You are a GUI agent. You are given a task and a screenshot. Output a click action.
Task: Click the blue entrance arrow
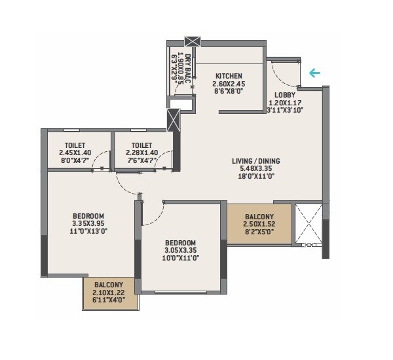tap(316, 73)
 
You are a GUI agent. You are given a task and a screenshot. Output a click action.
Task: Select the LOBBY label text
tap(284, 95)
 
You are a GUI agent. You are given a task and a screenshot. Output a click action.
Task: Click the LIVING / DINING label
tap(255, 161)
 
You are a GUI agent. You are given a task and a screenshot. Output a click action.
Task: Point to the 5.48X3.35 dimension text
tap(255, 169)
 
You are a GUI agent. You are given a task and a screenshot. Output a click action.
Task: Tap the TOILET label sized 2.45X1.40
tap(75, 145)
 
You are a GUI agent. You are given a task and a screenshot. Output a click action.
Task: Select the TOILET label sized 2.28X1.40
tap(141, 145)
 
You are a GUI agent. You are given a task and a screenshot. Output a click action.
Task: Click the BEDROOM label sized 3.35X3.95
tap(88, 216)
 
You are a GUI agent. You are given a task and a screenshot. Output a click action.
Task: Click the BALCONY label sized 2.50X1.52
tap(259, 217)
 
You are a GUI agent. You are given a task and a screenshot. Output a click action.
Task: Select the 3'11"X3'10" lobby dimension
tap(284, 111)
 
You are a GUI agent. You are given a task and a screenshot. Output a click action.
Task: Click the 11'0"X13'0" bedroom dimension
tap(88, 231)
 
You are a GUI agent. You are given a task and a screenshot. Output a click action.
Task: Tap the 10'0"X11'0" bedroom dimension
tap(179, 257)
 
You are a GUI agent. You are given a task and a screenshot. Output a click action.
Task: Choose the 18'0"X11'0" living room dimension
tap(255, 177)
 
